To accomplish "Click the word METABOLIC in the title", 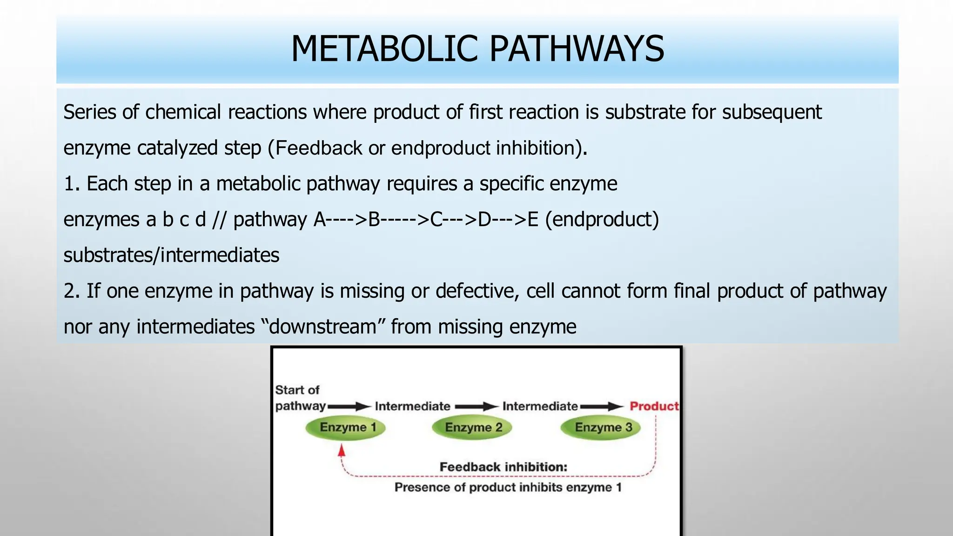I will pyautogui.click(x=384, y=49).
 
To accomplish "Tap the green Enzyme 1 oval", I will pyautogui.click(x=346, y=428).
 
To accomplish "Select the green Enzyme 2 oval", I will pyautogui.click(x=472, y=428).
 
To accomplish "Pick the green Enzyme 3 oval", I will pyautogui.click(x=601, y=428).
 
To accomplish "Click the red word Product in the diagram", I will pyautogui.click(x=654, y=406).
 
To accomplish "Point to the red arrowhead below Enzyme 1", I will pyautogui.click(x=342, y=450).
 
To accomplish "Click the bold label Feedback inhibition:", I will pyautogui.click(x=503, y=467).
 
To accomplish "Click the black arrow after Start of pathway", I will pyautogui.click(x=349, y=407).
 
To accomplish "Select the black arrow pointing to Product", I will pyautogui.click(x=602, y=407).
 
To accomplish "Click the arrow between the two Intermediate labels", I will pyautogui.click(x=476, y=407).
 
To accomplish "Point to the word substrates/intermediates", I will pyautogui.click(x=171, y=255).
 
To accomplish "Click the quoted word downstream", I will pyautogui.click(x=322, y=327).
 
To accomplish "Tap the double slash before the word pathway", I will pyautogui.click(x=219, y=220).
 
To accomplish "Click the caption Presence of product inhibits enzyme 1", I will pyautogui.click(x=508, y=488).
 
